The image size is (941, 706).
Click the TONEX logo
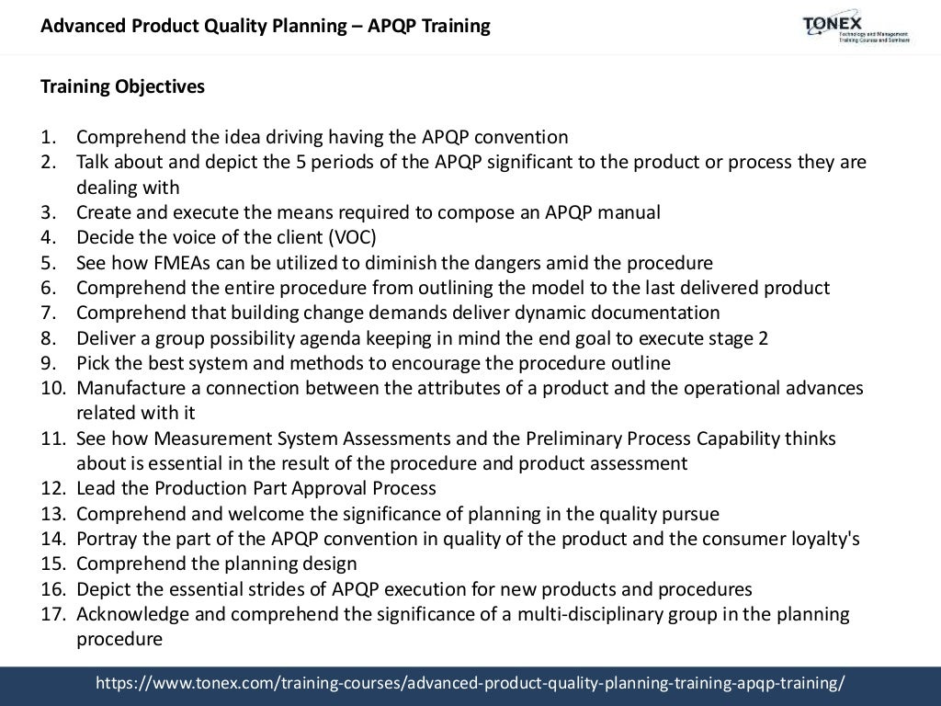[856, 27]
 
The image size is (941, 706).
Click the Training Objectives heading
[122, 87]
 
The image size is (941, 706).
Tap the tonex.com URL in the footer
[470, 683]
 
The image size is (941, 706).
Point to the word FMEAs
[181, 263]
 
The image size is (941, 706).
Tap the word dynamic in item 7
[566, 313]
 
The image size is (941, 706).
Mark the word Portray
[105, 539]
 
